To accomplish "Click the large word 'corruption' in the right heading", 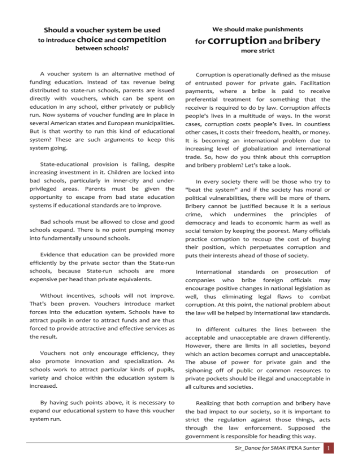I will [x=232, y=41].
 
